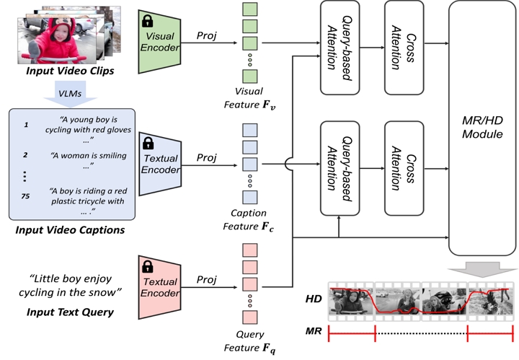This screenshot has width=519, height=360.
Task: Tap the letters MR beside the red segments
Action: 313,333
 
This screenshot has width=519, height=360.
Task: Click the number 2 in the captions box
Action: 26,154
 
